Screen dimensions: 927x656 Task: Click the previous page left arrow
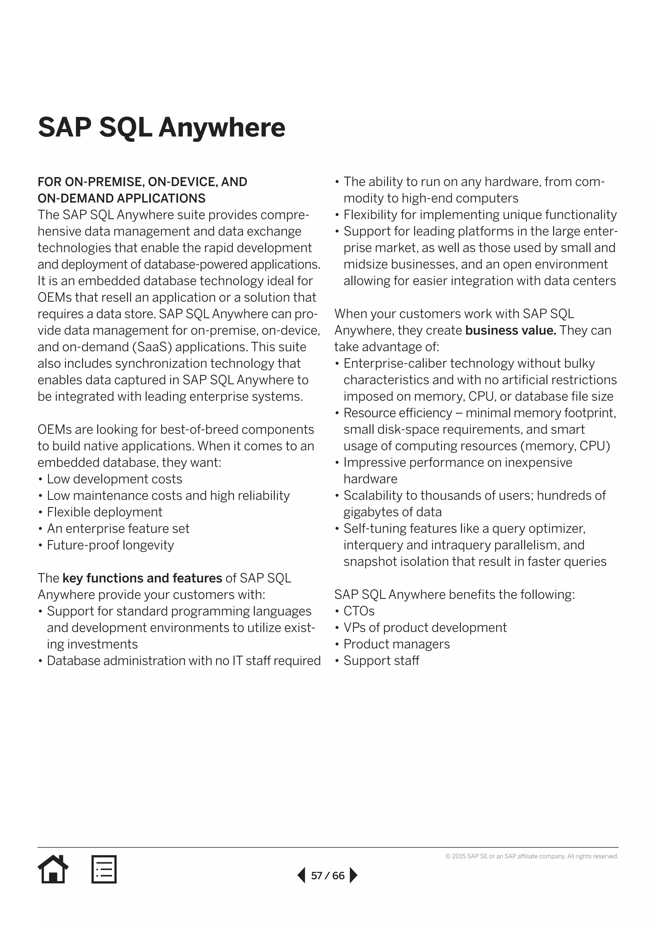pos(301,875)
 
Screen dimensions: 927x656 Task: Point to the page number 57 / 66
pos(328,875)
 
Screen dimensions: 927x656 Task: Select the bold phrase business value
pos(511,330)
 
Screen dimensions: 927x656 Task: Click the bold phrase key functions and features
pos(142,578)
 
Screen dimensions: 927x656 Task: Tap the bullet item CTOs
pos(359,611)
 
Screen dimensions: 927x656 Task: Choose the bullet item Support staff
pos(381,661)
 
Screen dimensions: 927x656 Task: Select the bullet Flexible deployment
pos(104,512)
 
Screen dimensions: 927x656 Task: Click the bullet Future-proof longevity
pos(110,545)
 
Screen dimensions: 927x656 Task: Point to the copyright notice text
pos(532,856)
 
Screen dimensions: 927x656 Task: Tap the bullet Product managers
pos(396,644)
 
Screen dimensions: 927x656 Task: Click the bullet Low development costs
pos(114,479)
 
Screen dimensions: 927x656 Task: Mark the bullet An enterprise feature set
pos(118,528)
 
